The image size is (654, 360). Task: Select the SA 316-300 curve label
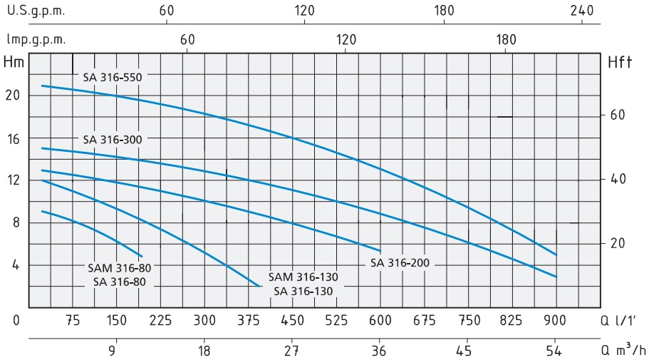point(113,140)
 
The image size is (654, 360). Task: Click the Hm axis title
point(14,62)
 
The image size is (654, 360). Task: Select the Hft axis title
point(620,63)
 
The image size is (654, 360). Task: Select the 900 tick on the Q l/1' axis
point(556,320)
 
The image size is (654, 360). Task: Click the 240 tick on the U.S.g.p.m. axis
point(582,11)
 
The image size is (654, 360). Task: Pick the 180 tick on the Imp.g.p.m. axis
point(506,40)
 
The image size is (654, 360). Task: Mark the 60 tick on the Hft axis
point(617,115)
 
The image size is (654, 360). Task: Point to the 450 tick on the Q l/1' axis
point(292,320)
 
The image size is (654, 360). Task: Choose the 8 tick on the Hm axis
point(17,222)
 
